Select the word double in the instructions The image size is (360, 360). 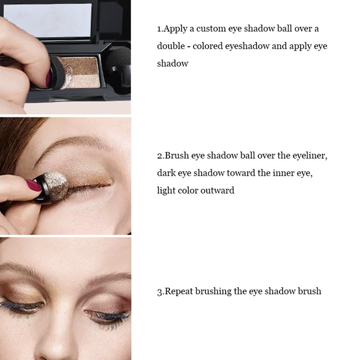[171, 46]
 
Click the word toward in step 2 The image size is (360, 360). [241, 173]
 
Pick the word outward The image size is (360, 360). [217, 190]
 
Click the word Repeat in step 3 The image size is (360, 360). [179, 291]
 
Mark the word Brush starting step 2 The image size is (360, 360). [177, 155]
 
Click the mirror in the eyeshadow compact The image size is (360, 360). [47, 20]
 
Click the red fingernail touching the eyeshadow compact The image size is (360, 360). [48, 78]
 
